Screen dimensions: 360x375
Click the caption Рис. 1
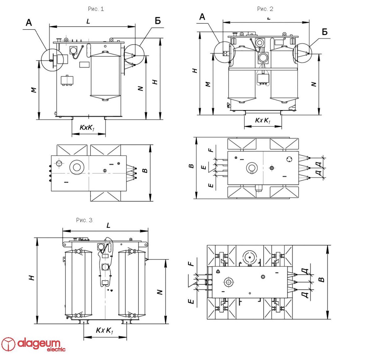pyautogui.click(x=96, y=9)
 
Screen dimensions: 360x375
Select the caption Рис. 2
pyautogui.click(x=265, y=9)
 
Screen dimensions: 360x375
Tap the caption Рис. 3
pyautogui.click(x=84, y=220)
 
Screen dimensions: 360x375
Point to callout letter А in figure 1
pyautogui.click(x=29, y=22)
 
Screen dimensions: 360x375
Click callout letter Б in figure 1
pyautogui.click(x=158, y=21)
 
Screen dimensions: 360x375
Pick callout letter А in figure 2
pyautogui.click(x=202, y=17)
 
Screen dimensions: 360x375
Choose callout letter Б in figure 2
pyautogui.click(x=325, y=32)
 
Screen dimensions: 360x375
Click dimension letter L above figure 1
pyautogui.click(x=88, y=21)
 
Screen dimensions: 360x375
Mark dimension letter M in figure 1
pyautogui.click(x=34, y=90)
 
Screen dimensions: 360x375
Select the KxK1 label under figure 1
pyautogui.click(x=87, y=127)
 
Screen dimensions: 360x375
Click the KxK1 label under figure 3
pyautogui.click(x=105, y=330)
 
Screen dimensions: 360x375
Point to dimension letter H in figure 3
pyautogui.click(x=32, y=278)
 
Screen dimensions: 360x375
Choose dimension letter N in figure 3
pyautogui.click(x=159, y=292)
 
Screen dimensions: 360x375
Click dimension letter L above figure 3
pyautogui.click(x=108, y=225)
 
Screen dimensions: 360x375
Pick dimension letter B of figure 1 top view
pyautogui.click(x=144, y=171)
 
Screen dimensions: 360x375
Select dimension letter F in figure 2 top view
pyautogui.click(x=211, y=149)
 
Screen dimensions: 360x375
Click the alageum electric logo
pyautogui.click(x=33, y=344)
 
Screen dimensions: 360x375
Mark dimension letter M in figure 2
pyautogui.click(x=208, y=85)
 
